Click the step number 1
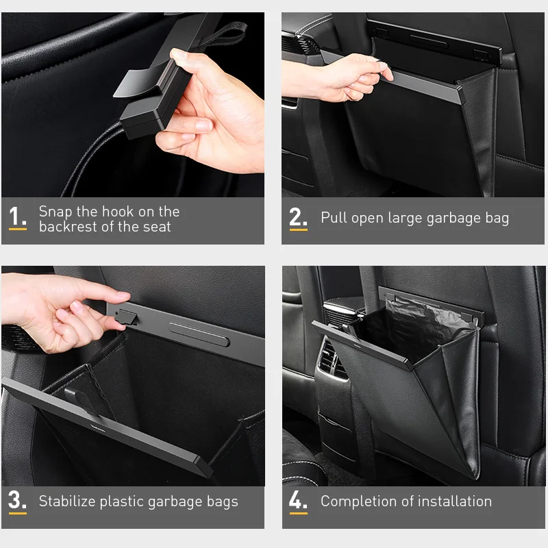coord(17,216)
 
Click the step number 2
coord(298,216)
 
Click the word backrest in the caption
coord(67,227)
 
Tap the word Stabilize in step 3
coord(68,501)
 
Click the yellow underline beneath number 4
coord(298,512)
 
